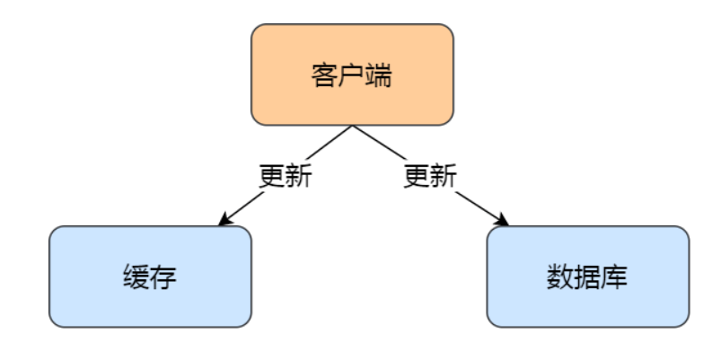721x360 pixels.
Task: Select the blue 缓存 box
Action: point(150,276)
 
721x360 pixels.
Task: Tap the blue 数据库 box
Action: point(588,276)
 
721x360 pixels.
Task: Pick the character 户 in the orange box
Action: point(352,75)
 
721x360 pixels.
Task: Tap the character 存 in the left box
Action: point(163,277)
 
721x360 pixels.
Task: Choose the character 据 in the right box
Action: point(588,277)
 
